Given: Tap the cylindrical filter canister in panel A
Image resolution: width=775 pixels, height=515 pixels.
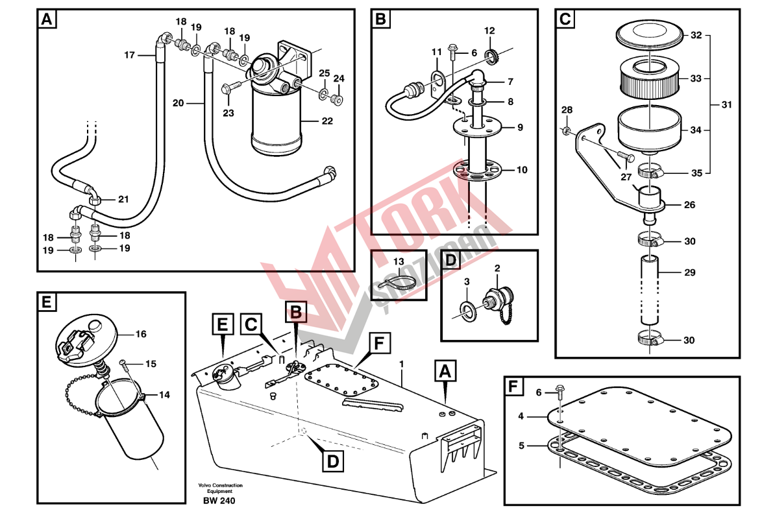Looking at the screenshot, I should click(x=277, y=120).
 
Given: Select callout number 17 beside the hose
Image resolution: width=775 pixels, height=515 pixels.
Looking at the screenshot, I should click(x=129, y=55).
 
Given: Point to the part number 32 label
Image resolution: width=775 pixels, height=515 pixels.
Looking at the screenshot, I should click(x=696, y=36).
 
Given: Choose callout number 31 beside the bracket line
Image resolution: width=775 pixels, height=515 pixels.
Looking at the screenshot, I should click(x=726, y=104).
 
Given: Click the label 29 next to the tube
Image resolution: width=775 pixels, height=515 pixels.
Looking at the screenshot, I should click(x=689, y=272).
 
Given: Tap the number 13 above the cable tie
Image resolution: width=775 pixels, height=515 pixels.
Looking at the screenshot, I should click(x=398, y=261).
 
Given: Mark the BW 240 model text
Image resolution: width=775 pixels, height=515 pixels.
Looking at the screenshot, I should click(x=219, y=501).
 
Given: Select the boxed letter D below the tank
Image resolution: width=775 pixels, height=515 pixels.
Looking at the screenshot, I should click(x=332, y=461).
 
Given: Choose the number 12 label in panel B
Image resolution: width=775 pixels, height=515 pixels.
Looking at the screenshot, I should click(x=489, y=30).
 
